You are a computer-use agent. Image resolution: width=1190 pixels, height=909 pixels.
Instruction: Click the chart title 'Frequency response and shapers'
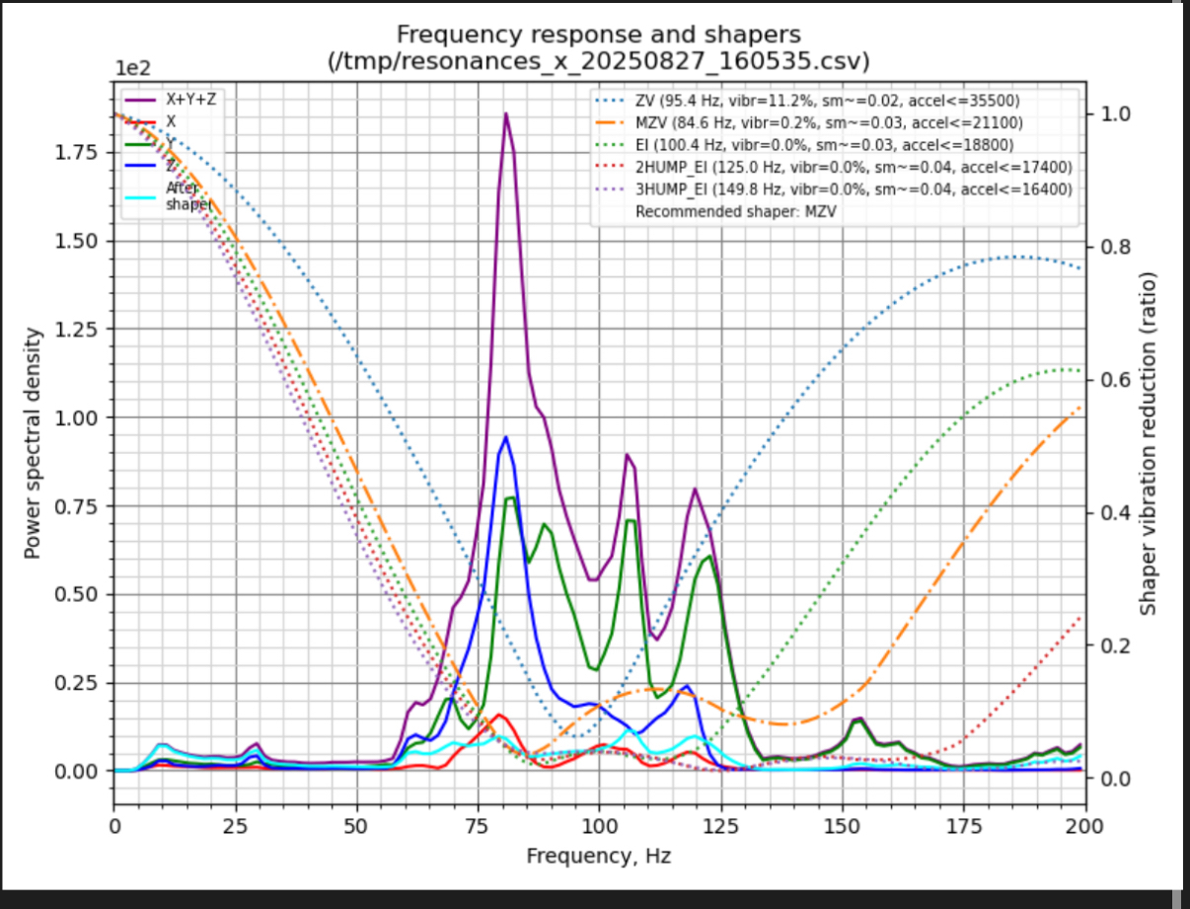(599, 37)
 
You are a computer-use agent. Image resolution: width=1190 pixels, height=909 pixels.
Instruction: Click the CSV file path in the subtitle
(599, 61)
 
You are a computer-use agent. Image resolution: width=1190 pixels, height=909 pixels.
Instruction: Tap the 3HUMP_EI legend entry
(846, 189)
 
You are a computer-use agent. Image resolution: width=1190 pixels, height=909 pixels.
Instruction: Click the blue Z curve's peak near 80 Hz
(506, 436)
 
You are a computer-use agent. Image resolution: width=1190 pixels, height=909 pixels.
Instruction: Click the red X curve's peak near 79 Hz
(499, 715)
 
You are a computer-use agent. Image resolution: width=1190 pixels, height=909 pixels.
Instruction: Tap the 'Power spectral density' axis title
(33, 442)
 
